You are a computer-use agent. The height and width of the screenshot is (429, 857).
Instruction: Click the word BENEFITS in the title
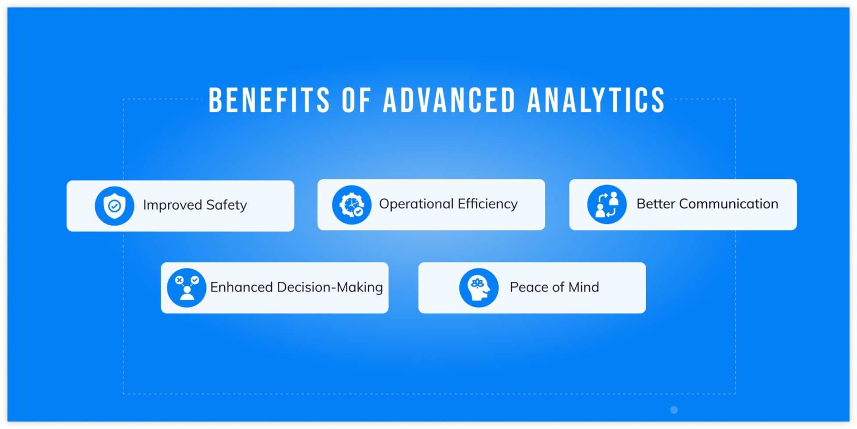(x=269, y=100)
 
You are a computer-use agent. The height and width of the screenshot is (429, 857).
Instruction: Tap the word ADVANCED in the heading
(x=450, y=100)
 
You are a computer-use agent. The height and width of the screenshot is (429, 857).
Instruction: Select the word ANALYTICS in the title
(x=596, y=100)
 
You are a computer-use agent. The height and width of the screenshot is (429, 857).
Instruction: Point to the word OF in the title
(x=356, y=100)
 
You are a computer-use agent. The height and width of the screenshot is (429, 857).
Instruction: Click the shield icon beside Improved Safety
(x=114, y=206)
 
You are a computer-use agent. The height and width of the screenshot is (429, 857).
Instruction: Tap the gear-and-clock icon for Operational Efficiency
(x=352, y=205)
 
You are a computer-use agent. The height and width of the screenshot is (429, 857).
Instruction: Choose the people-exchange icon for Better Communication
(x=607, y=204)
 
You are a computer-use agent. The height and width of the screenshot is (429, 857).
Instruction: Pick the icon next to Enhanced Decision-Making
(x=186, y=287)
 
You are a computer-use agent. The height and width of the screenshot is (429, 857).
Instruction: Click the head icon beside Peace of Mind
(x=479, y=287)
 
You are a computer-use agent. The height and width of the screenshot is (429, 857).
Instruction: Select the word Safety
(x=227, y=205)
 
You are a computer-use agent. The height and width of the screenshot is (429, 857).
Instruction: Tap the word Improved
(x=172, y=205)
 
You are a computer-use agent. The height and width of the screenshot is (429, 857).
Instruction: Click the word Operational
(x=416, y=204)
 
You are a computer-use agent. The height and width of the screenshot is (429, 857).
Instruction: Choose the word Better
(x=656, y=203)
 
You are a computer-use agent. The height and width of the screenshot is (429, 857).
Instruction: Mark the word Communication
(x=729, y=203)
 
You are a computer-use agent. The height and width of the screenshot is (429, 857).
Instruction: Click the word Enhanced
(x=242, y=287)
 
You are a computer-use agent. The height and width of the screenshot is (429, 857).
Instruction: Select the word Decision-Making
(x=330, y=287)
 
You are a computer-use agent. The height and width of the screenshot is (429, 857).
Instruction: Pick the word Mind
(x=584, y=287)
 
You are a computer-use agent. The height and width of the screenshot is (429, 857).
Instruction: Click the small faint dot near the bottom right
(x=674, y=410)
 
